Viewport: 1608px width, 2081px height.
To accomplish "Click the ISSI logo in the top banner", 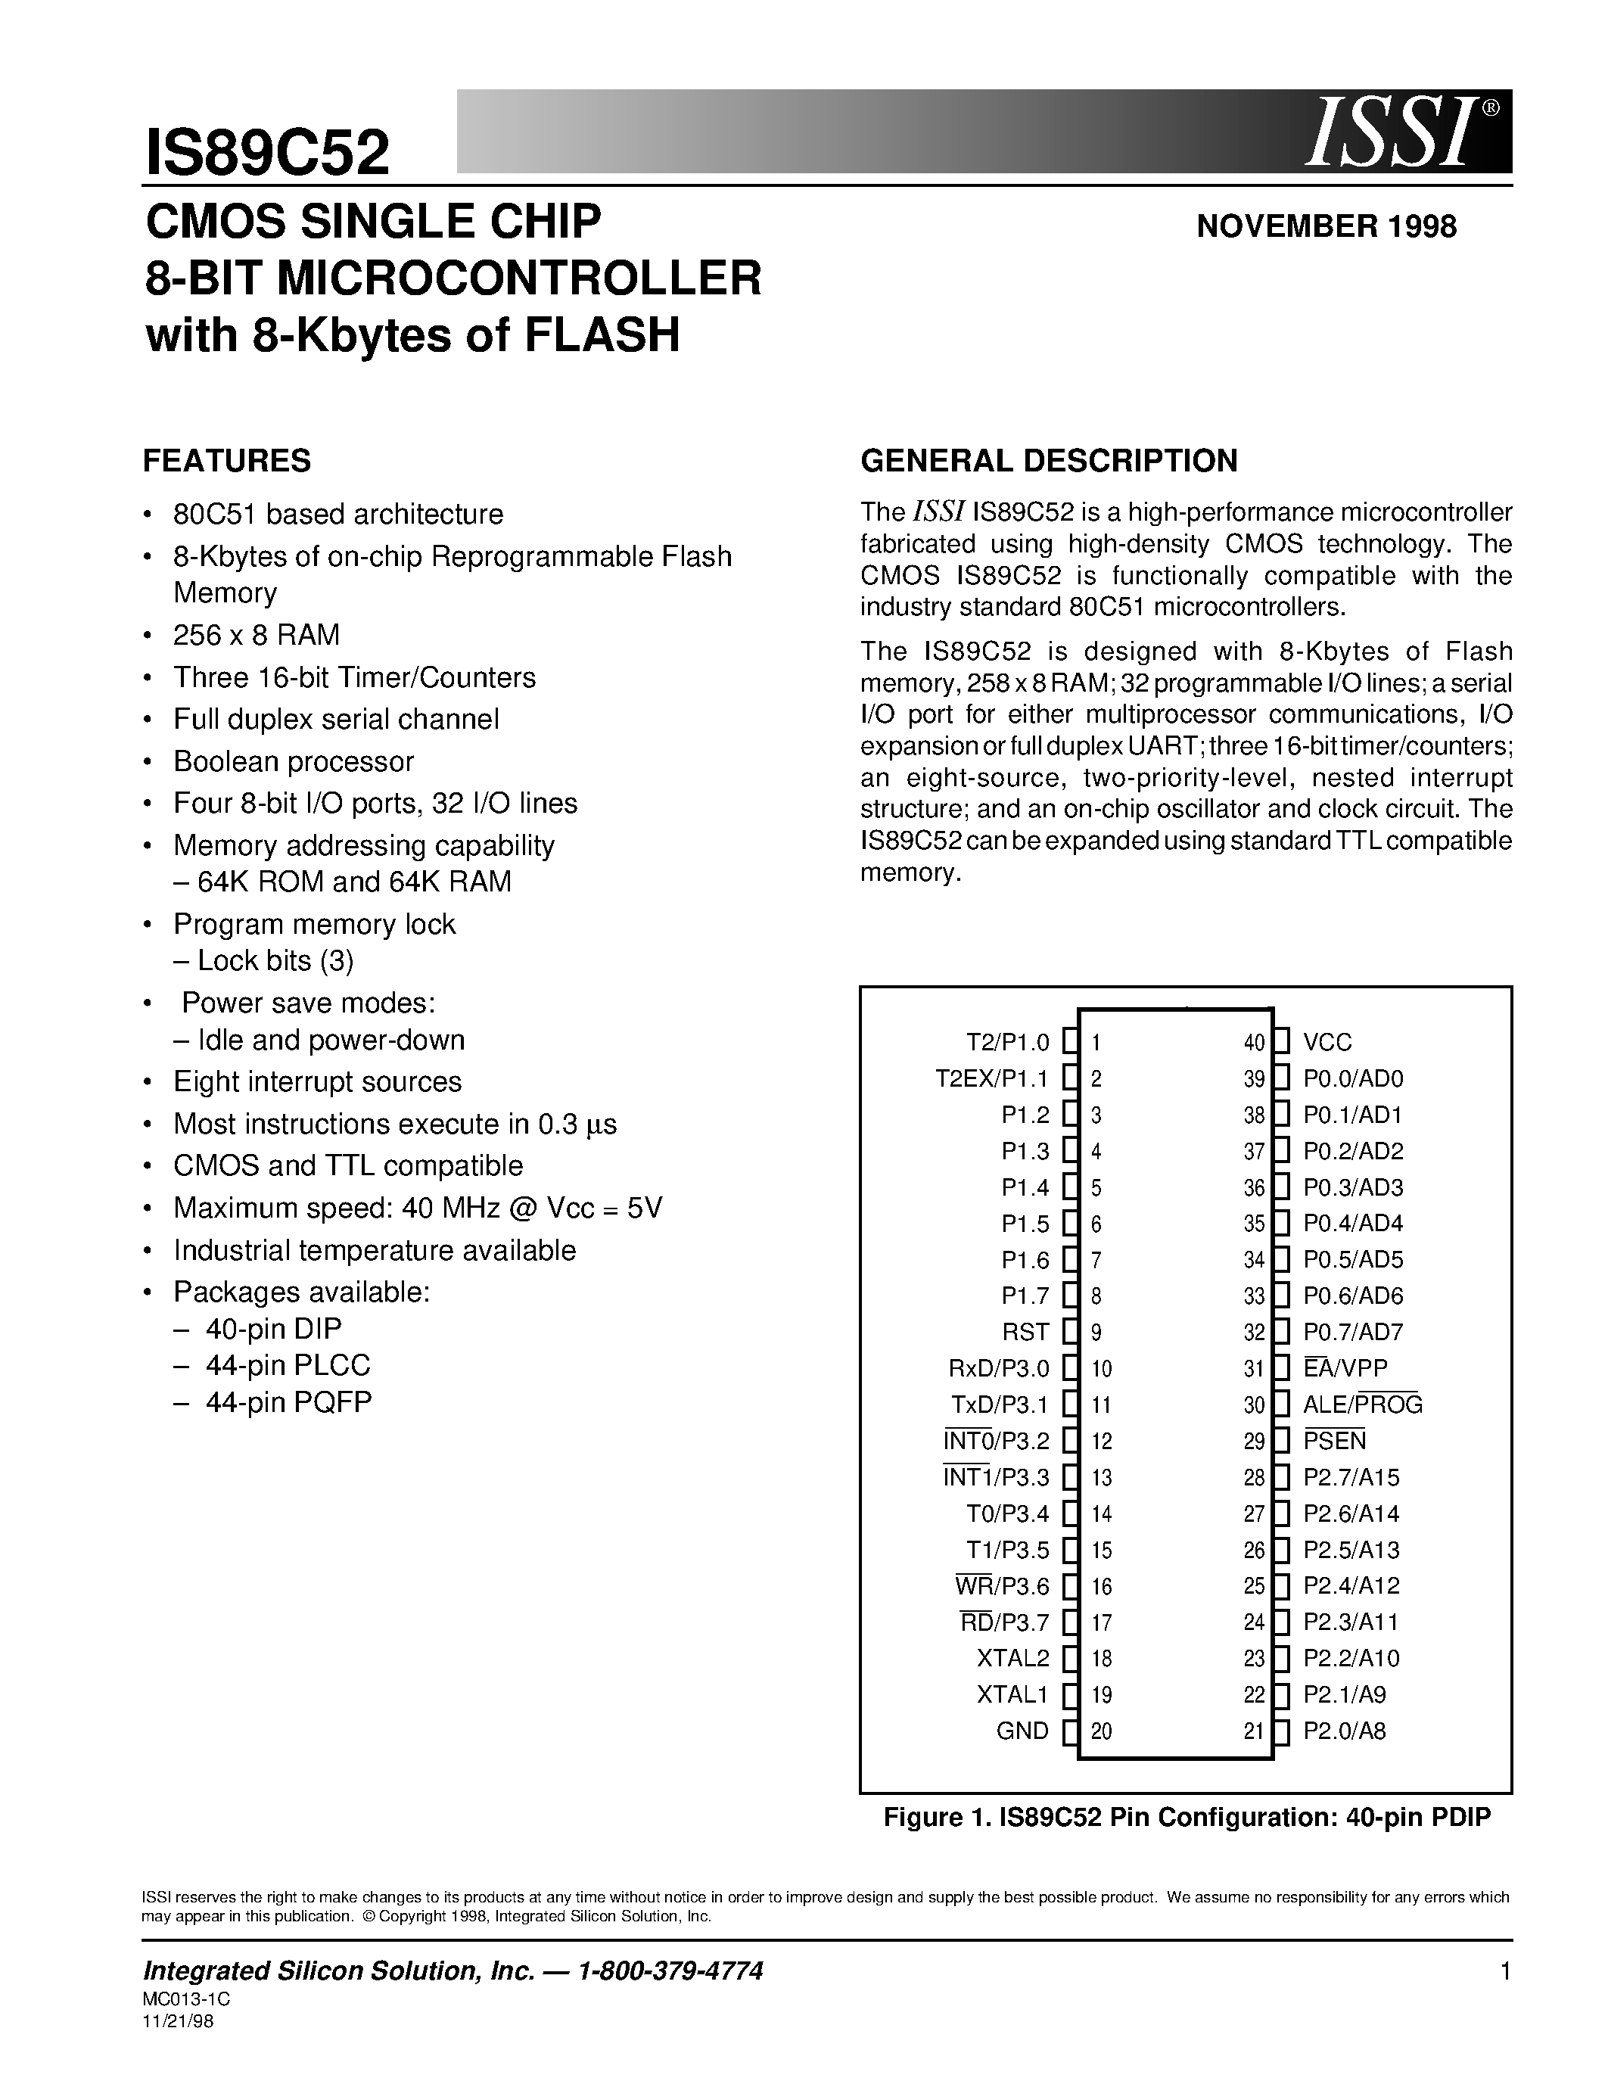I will [1395, 133].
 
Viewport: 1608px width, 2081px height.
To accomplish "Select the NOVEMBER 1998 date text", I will [1326, 227].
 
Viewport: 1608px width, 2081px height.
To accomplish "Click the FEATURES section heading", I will [227, 461].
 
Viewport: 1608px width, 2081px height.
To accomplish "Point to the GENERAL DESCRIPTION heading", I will [1049, 461].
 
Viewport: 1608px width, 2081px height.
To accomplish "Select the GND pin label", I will [1022, 1731].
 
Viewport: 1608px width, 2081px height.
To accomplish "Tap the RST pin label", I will [1025, 1332].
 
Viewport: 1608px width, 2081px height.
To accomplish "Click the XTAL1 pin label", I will [1012, 1695].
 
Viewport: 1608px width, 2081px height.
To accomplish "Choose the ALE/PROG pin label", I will [1362, 1404].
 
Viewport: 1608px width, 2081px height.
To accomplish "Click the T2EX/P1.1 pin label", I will [992, 1078].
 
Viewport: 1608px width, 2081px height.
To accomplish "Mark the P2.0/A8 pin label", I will [1344, 1731].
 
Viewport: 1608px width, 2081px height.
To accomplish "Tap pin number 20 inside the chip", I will [1101, 1731].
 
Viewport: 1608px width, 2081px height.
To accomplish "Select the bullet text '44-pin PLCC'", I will [288, 1365].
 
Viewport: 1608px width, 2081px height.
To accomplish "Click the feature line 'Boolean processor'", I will [294, 761].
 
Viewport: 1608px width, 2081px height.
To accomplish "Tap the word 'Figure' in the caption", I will [922, 1817].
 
